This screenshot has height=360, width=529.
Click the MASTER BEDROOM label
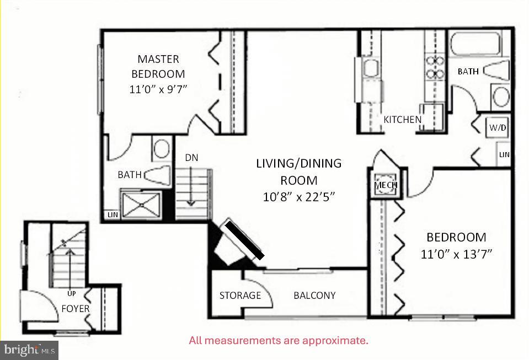pyautogui.click(x=158, y=66)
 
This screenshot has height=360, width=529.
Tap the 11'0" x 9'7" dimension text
pyautogui.click(x=158, y=89)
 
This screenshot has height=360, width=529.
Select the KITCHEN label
pyautogui.click(x=403, y=119)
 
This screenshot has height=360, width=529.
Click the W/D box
pyautogui.click(x=498, y=127)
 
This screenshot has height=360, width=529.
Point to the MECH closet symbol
pyautogui.click(x=386, y=185)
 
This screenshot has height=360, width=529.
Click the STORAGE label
pyautogui.click(x=240, y=295)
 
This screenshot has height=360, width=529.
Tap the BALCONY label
pyautogui.click(x=314, y=295)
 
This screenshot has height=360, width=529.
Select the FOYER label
pyautogui.click(x=75, y=309)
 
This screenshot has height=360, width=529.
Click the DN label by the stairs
pyautogui.click(x=191, y=158)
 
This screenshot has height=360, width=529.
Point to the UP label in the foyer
pyautogui.click(x=71, y=293)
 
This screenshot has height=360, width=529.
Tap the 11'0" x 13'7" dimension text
pyautogui.click(x=456, y=254)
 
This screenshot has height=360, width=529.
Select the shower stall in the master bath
pyautogui.click(x=141, y=203)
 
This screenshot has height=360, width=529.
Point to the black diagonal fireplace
pyautogui.click(x=243, y=239)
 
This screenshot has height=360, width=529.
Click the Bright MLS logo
pyautogui.click(x=29, y=350)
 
